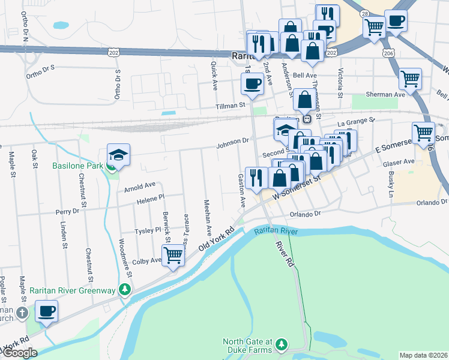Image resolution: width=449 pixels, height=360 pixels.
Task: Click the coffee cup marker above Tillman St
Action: tap(252, 83)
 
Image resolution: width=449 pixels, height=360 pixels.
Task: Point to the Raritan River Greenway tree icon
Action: tap(124, 290)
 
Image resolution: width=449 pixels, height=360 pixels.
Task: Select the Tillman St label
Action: tap(232, 105)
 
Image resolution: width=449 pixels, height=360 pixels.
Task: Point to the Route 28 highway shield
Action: tap(364, 13)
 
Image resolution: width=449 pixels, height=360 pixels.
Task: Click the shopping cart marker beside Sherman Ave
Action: tap(409, 78)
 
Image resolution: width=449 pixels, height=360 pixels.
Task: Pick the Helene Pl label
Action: tap(150, 197)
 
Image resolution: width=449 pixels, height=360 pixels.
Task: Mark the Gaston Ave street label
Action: tap(242, 190)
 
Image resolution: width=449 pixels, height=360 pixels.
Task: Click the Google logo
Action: tap(20, 353)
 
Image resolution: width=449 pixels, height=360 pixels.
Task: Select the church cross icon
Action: tap(22, 313)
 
